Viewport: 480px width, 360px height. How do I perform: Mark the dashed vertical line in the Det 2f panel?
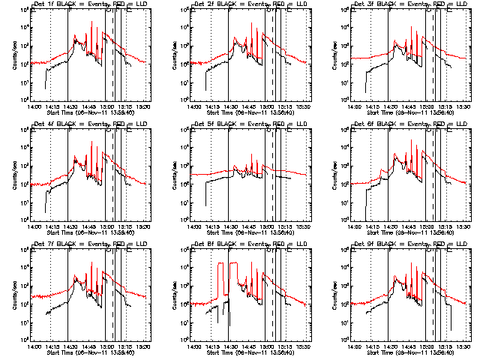click(x=273, y=52)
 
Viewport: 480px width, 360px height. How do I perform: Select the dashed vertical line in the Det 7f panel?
click(x=112, y=292)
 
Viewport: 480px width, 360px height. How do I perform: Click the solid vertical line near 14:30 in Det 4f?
click(x=68, y=172)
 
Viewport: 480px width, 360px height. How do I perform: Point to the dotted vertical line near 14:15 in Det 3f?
click(x=371, y=52)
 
